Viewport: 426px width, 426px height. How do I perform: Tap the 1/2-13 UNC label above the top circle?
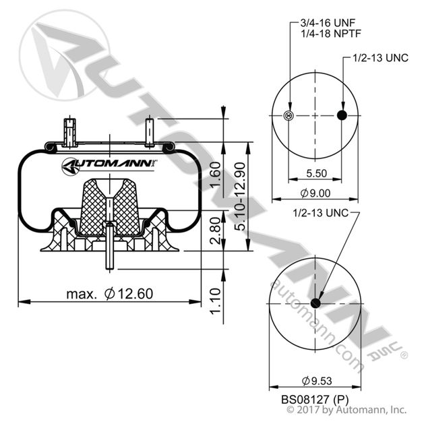381,59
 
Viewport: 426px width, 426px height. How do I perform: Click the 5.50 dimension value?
315,173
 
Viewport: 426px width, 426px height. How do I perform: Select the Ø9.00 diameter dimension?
315,193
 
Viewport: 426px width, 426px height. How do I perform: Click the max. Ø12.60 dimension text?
120,293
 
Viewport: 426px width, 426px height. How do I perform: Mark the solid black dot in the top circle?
342,116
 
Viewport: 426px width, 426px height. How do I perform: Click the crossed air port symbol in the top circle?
290,116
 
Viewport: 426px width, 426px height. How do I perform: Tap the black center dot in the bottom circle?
315,300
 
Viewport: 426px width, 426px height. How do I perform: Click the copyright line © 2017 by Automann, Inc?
347,409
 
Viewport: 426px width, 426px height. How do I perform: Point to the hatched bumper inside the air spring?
109,202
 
